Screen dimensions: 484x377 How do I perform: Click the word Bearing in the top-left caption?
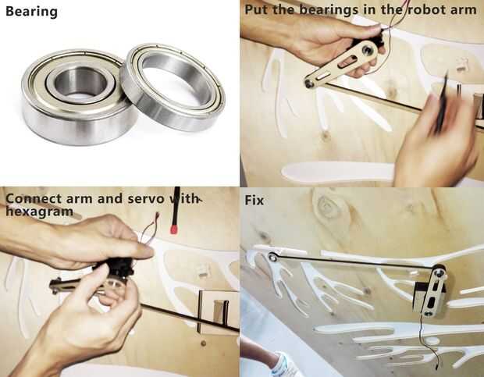[x=31, y=12]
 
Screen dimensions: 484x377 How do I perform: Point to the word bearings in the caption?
[x=328, y=10]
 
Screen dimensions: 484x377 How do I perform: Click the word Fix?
[x=254, y=201]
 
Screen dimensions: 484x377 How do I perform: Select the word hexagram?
[x=39, y=212]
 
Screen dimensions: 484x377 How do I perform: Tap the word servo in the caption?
[x=145, y=199]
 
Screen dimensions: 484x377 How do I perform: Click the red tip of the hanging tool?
[x=174, y=229]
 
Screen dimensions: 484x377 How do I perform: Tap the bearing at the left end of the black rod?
[x=272, y=257]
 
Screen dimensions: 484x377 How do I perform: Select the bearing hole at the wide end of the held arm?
[x=367, y=50]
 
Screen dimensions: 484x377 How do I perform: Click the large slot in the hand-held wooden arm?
[x=348, y=62]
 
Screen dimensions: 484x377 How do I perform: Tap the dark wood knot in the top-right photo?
[x=325, y=135]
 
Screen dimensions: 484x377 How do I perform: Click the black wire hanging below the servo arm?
[x=430, y=343]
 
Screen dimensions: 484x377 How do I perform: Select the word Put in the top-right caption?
[x=256, y=9]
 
